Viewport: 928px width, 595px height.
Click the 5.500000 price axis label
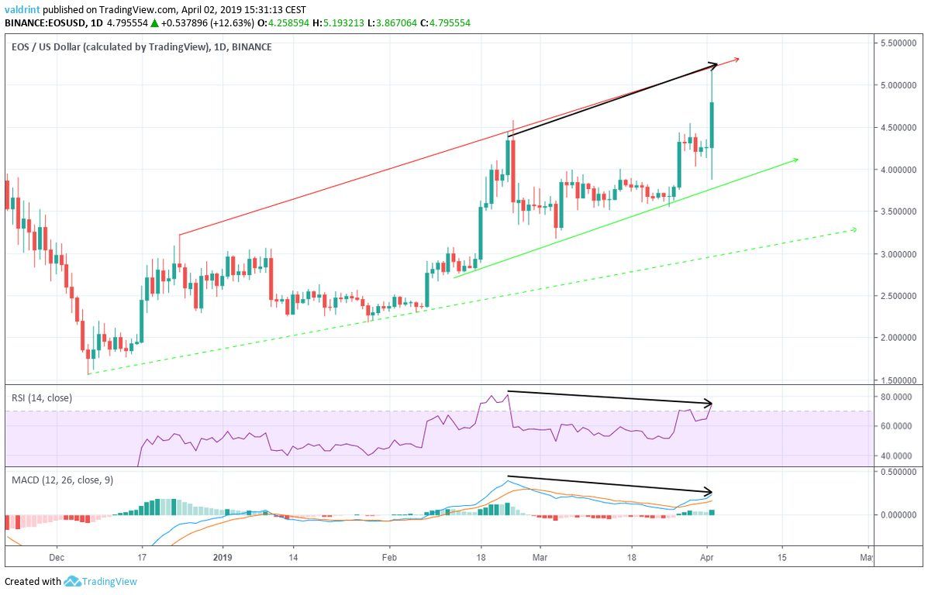click(898, 43)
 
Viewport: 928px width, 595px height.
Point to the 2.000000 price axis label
click(898, 338)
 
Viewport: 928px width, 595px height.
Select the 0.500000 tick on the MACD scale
click(898, 472)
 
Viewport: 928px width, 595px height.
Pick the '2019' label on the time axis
click(223, 556)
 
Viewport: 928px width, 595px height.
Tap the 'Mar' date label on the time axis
click(549, 556)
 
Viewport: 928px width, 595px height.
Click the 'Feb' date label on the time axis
click(389, 556)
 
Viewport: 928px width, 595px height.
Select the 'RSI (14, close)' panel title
click(42, 398)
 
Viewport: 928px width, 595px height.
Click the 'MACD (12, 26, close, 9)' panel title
click(62, 480)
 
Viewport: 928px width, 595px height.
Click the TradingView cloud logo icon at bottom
click(73, 581)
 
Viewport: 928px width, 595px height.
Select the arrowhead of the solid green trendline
click(795, 160)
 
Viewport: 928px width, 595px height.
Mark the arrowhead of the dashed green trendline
click(854, 229)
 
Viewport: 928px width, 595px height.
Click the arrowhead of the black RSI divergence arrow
click(709, 404)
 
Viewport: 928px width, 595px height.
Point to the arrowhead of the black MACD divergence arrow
click(709, 492)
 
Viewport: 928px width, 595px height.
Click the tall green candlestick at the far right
click(711, 124)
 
